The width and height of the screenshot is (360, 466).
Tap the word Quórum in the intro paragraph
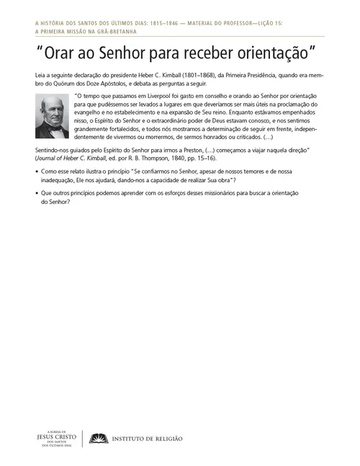point(63,84)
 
